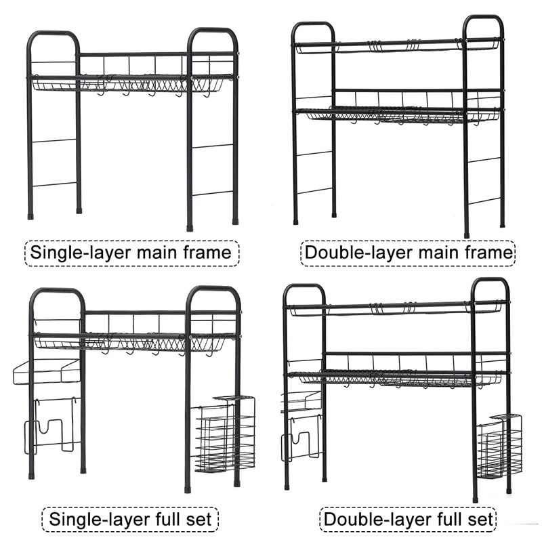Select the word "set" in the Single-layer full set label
coord(198,520)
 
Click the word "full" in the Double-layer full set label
coord(444,520)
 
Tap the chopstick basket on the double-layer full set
coord(499,447)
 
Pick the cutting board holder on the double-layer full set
coord(300,437)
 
